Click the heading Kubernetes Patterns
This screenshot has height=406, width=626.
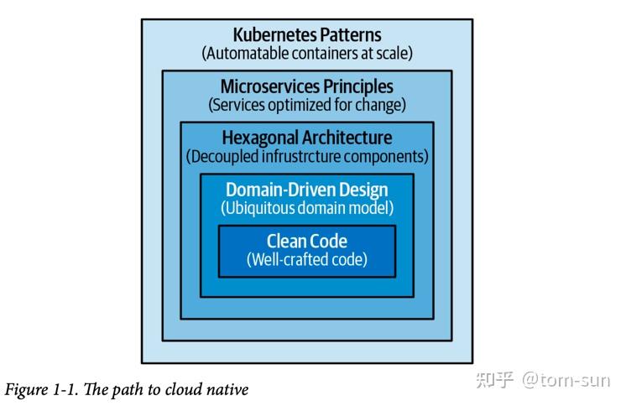click(x=306, y=35)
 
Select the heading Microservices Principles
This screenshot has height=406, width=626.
click(x=306, y=86)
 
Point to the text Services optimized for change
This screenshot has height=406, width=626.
click(x=307, y=105)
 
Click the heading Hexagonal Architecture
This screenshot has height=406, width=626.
click(x=306, y=138)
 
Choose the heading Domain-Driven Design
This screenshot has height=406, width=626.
click(x=306, y=190)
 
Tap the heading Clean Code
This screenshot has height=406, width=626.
click(x=306, y=242)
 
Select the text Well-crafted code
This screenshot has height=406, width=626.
click(x=307, y=259)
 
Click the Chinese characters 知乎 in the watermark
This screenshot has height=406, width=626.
click(x=494, y=380)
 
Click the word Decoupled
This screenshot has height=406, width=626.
click(x=223, y=156)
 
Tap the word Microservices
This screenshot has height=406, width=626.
click(x=269, y=86)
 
